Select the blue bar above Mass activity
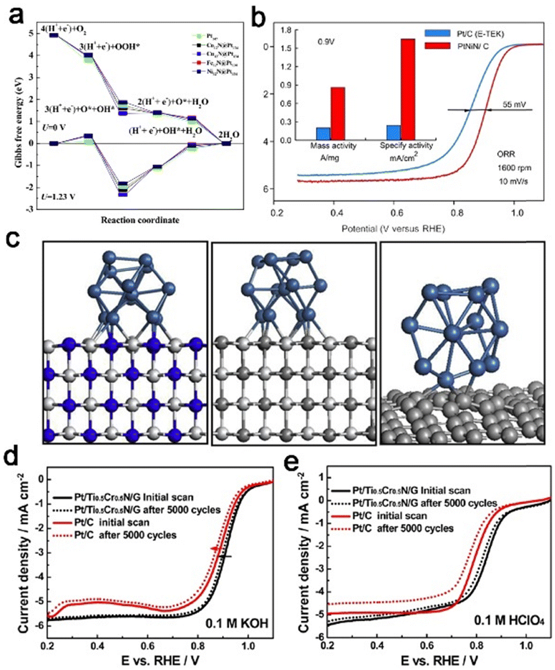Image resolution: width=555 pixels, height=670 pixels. tap(323, 134)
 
